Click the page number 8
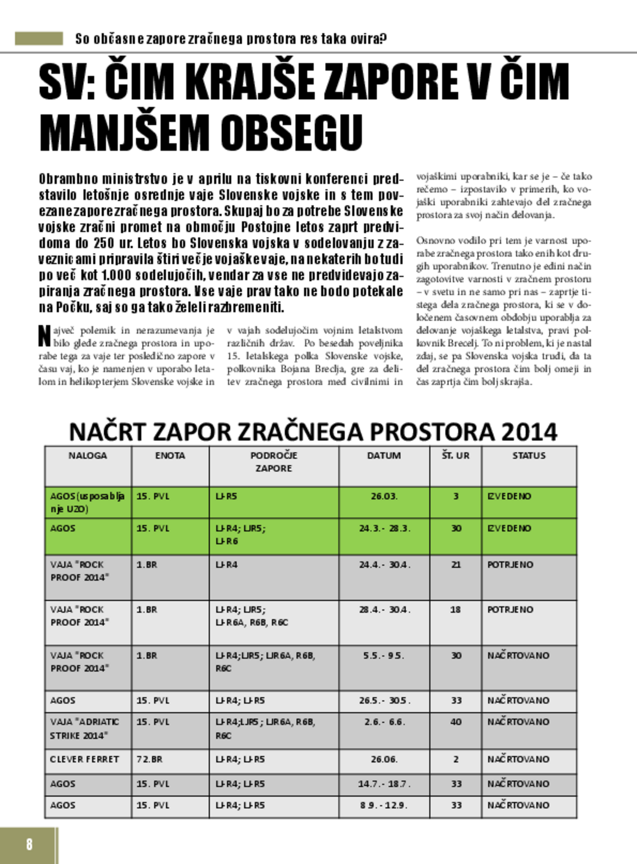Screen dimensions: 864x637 (29, 844)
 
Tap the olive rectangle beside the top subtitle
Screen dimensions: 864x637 (38, 38)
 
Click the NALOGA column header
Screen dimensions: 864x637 (88, 455)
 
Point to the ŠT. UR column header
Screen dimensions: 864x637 (456, 455)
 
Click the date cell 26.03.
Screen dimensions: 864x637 (384, 496)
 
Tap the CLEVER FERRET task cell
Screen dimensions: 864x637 (85, 759)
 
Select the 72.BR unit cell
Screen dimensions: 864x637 (149, 759)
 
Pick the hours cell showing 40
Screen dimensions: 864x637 (456, 721)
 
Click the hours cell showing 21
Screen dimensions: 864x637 (456, 565)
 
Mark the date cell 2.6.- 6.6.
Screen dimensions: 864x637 (385, 721)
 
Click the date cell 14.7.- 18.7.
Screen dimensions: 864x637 (385, 783)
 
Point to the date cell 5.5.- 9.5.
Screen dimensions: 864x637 (385, 655)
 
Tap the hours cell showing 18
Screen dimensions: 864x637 (456, 609)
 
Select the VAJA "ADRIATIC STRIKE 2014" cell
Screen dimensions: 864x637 (85, 728)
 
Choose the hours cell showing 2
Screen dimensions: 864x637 (456, 759)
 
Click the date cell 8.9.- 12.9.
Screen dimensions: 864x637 (385, 805)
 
